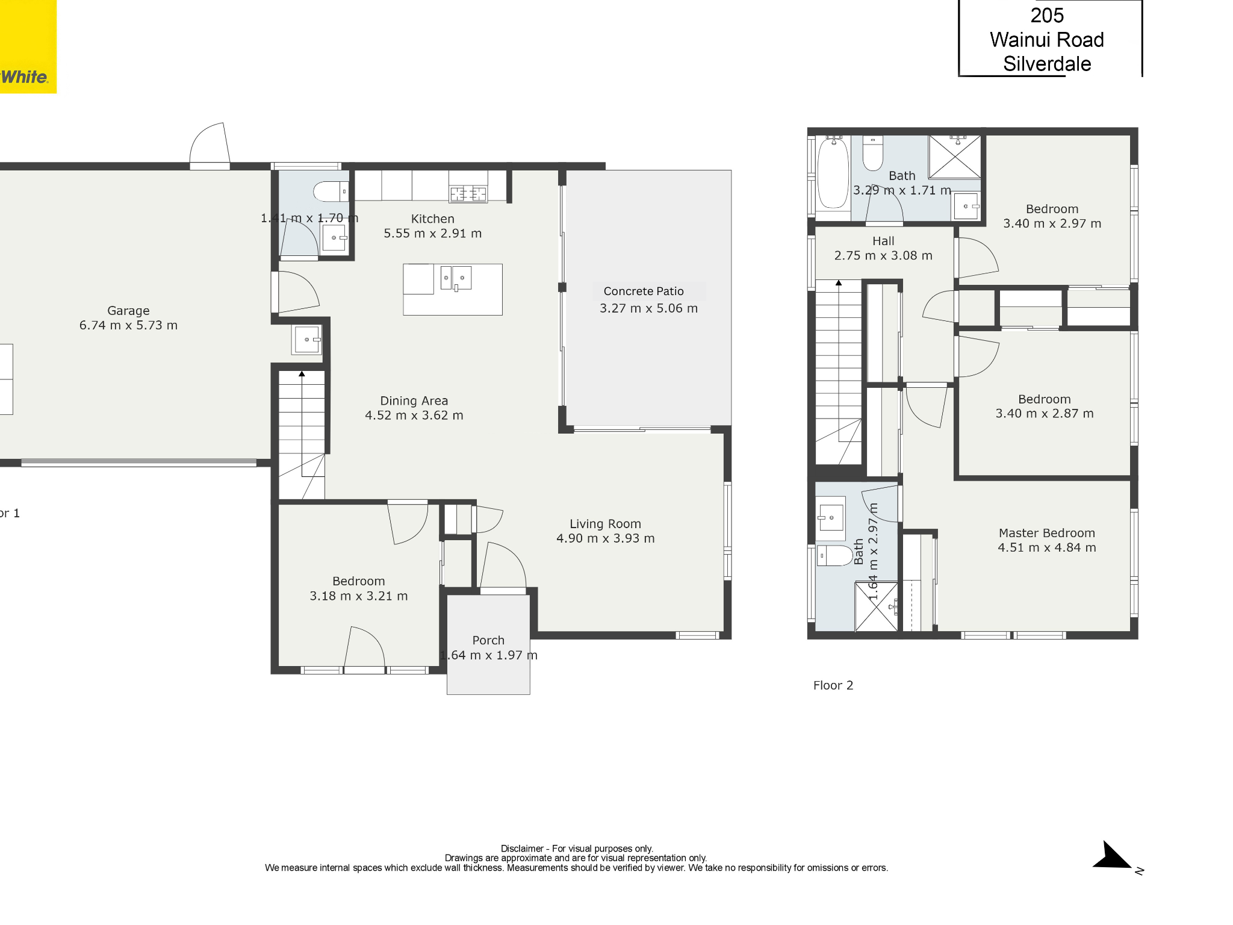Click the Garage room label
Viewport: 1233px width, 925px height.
tap(128, 311)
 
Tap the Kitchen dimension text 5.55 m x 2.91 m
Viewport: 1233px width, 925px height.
tap(433, 234)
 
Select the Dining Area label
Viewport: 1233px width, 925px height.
tap(414, 400)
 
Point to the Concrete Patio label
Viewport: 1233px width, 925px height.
tap(644, 291)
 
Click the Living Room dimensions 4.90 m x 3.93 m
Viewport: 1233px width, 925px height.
tap(606, 538)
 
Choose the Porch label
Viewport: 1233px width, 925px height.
tap(488, 640)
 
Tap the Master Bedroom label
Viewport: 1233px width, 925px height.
tap(1047, 533)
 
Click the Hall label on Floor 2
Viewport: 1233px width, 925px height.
tap(883, 241)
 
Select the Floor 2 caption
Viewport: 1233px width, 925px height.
tap(833, 685)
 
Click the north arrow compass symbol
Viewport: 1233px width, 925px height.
tap(1114, 856)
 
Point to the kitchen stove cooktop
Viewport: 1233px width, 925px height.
tap(468, 193)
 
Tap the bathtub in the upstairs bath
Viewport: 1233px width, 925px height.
tap(833, 172)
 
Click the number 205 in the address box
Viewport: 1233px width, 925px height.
tap(1047, 16)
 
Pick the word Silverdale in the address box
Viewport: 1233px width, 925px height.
tap(1047, 64)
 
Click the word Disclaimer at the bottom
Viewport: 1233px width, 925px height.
tap(522, 849)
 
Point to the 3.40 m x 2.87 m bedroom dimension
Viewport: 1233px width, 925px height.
tap(1045, 414)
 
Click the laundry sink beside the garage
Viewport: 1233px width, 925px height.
tap(307, 340)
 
